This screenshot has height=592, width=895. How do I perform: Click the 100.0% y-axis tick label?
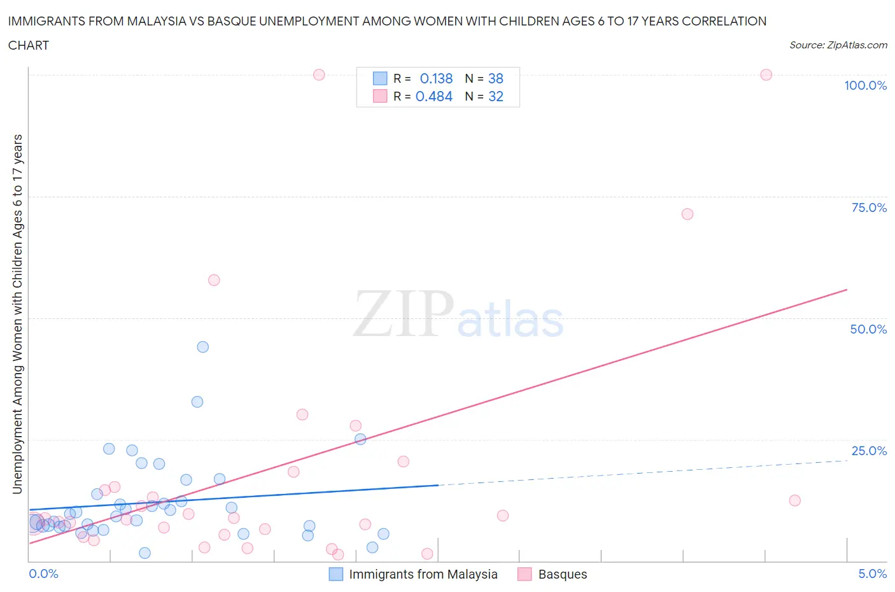[865, 86]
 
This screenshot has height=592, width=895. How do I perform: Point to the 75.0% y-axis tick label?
[869, 208]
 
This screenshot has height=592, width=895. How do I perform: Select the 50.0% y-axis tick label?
[868, 329]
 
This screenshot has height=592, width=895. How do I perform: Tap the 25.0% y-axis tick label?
[869, 451]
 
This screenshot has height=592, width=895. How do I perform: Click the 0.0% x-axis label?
[43, 574]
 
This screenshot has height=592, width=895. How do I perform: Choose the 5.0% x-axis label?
[872, 574]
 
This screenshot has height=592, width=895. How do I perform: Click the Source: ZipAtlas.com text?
[838, 45]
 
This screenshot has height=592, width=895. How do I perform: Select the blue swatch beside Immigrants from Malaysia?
[335, 574]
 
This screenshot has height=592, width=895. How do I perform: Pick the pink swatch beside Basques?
[525, 574]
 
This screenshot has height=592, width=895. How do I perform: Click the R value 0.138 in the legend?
[436, 78]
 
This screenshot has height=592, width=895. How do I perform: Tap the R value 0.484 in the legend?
[433, 96]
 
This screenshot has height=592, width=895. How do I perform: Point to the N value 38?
[495, 78]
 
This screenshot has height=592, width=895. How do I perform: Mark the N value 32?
[495, 96]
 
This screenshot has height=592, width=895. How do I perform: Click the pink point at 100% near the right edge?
[766, 75]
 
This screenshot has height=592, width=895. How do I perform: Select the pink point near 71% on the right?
[687, 214]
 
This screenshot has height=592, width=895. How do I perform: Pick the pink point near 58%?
[214, 280]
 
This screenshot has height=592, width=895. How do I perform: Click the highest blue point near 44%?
[202, 347]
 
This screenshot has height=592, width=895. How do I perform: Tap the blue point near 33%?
[197, 402]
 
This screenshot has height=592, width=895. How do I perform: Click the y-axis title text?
[17, 314]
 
